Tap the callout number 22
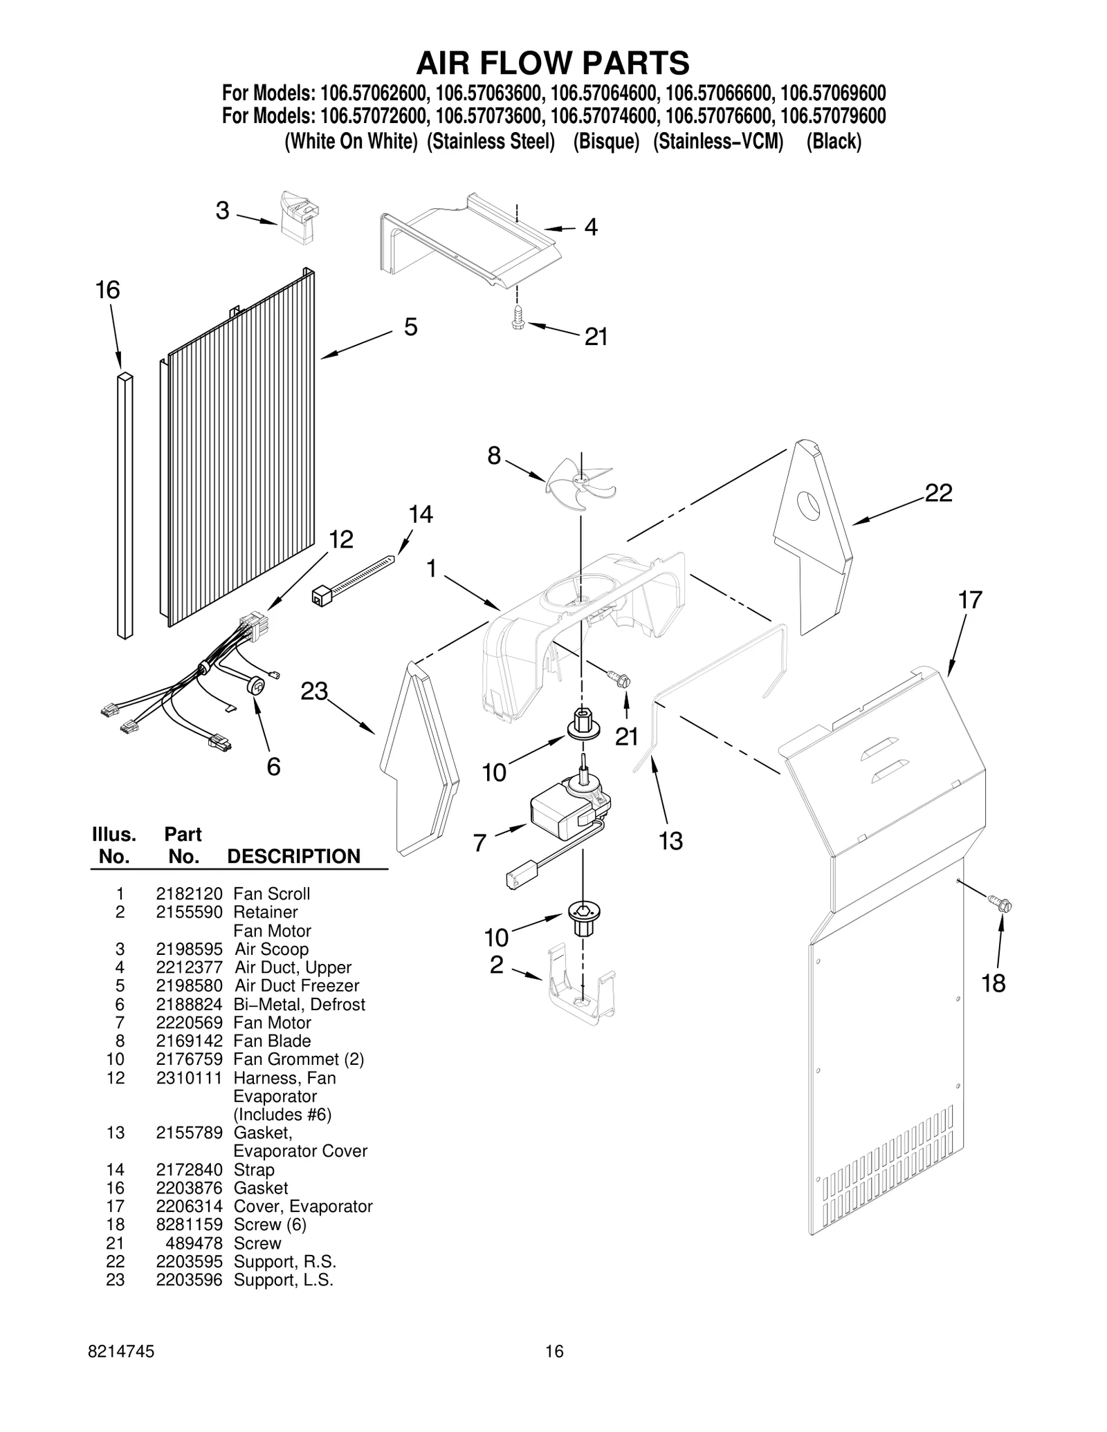pyautogui.click(x=938, y=492)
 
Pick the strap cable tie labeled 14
pyautogui.click(x=353, y=577)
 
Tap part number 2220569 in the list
pyautogui.click(x=189, y=1022)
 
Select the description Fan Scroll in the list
pyautogui.click(x=272, y=893)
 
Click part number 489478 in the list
pyautogui.click(x=194, y=1243)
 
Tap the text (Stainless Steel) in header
pyautogui.click(x=491, y=141)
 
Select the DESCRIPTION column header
pyautogui.click(x=293, y=856)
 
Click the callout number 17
pyautogui.click(x=969, y=599)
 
